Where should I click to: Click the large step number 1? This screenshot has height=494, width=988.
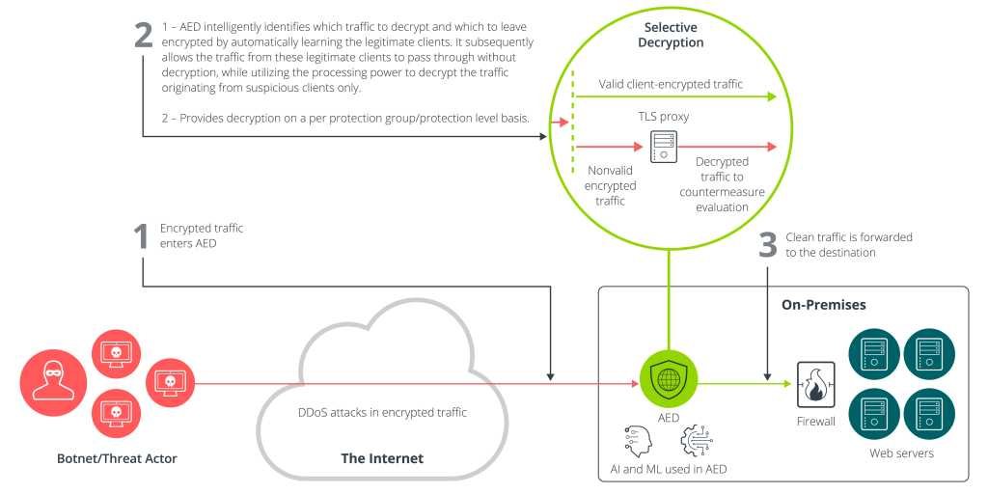141,237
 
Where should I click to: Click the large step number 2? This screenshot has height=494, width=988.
143,35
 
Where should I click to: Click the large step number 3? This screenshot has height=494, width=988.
768,246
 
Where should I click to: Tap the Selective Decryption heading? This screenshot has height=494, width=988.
673,35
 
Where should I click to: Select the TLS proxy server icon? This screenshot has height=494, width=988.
663,147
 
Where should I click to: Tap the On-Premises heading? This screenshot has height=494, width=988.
823,305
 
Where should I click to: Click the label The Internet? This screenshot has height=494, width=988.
382,458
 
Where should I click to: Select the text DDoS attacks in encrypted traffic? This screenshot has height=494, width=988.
382,413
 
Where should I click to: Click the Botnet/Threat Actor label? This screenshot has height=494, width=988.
117,458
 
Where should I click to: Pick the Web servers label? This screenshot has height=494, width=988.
900,453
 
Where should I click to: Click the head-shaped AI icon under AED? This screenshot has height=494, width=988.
639,440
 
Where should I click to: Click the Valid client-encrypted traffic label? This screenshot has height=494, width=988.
671,85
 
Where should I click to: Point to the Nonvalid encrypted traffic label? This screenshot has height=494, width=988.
611,185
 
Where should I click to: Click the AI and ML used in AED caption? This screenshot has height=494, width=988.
667,469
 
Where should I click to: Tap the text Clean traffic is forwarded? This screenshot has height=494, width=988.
850,237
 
